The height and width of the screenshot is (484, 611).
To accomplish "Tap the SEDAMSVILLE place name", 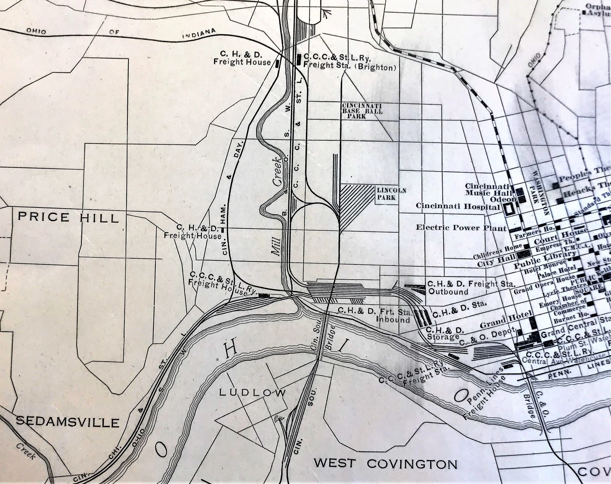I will click(x=67, y=422).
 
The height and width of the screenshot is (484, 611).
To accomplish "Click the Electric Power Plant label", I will click(x=461, y=227).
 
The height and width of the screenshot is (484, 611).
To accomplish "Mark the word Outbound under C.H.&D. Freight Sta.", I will click(x=448, y=292).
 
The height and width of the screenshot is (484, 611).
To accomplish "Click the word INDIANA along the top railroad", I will click(x=199, y=34).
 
